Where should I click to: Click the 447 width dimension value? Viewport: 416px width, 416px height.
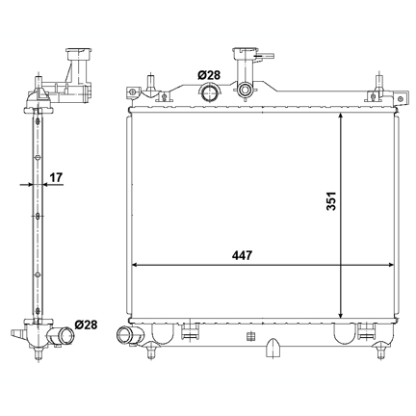[243, 255]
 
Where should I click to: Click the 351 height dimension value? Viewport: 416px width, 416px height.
[331, 201]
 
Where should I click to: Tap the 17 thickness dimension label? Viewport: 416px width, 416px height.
[56, 177]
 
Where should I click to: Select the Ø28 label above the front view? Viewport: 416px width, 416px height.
[209, 75]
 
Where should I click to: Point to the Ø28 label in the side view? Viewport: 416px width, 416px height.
[86, 325]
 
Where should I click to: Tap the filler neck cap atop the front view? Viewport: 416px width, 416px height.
[246, 52]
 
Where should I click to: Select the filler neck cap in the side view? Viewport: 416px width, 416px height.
[79, 53]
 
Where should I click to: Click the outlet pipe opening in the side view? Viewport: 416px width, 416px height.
[66, 336]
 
